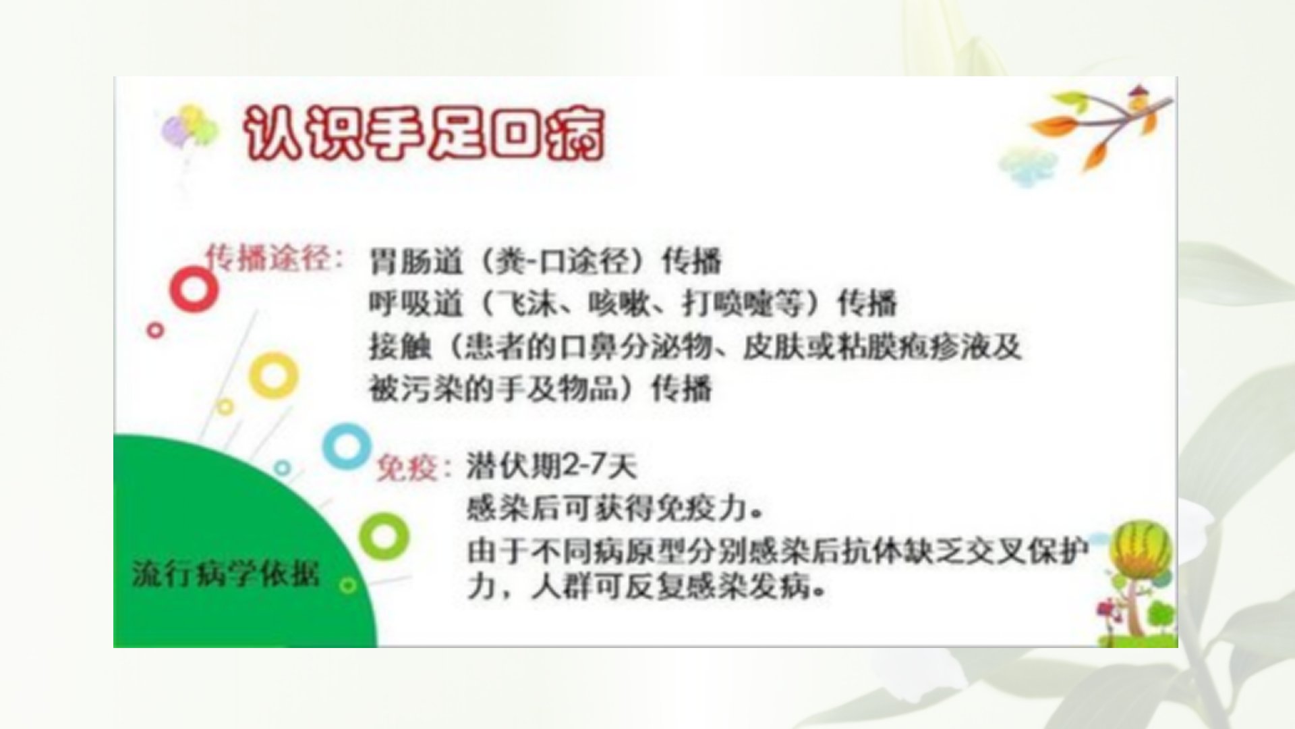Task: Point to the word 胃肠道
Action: coord(415,261)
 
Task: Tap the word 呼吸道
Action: coord(415,304)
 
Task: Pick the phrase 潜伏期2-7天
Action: coord(552,466)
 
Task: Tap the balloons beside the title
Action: coord(188,128)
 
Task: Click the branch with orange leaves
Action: coord(1099,125)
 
